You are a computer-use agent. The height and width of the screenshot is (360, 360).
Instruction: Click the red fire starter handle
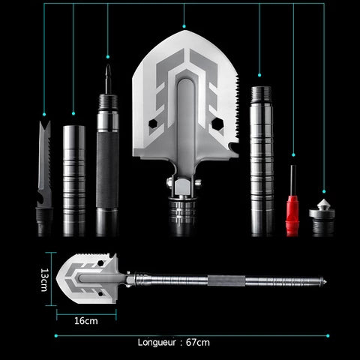click(x=292, y=215)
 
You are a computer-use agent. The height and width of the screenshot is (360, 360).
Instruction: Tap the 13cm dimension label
click(x=44, y=280)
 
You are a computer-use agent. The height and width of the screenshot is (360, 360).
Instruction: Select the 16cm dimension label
click(x=86, y=321)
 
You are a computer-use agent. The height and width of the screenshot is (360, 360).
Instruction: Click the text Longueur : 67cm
click(x=174, y=342)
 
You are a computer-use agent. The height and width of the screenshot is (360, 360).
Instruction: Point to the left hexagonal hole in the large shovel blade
click(x=153, y=124)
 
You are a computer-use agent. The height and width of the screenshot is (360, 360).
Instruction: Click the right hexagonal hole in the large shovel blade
click(x=217, y=124)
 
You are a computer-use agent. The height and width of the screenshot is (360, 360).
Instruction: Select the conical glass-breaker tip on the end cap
click(x=323, y=204)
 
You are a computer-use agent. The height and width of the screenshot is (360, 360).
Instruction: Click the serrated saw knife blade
click(x=45, y=163)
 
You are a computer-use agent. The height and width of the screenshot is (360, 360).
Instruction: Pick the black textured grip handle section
click(x=107, y=170)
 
